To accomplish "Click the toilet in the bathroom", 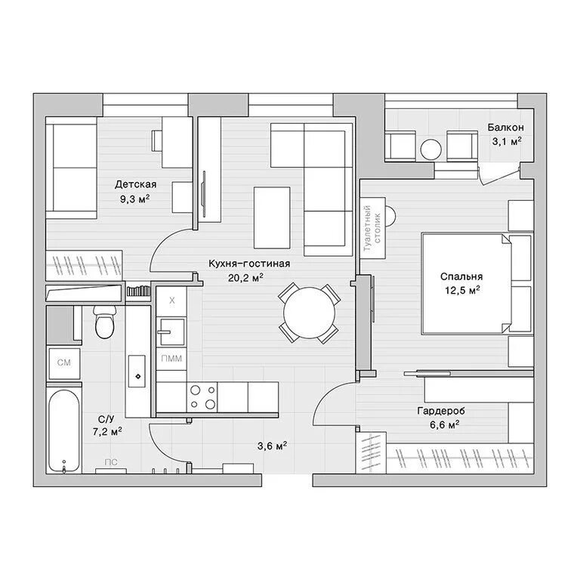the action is click(x=105, y=321).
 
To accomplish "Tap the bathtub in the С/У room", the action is click(x=63, y=431).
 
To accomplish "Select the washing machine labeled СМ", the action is click(x=64, y=363).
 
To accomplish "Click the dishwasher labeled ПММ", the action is click(x=171, y=359).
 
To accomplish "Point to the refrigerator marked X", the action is click(x=171, y=301).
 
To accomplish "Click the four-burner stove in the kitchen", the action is click(x=202, y=397).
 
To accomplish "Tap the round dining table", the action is click(x=309, y=313).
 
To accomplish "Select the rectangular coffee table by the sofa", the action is click(x=272, y=217).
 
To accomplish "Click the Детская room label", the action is click(x=135, y=184).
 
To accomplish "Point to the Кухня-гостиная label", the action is click(x=249, y=264).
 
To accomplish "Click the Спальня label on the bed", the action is click(x=461, y=276).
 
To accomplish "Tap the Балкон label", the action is click(x=506, y=127).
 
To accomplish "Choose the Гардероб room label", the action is click(x=441, y=411).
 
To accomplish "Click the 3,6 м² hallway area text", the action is click(x=272, y=446).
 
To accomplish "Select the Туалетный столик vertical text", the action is click(x=372, y=228).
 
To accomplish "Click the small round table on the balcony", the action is click(x=431, y=150).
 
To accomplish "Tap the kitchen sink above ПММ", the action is click(x=171, y=332).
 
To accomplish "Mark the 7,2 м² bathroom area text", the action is click(x=107, y=432).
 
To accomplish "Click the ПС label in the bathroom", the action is click(x=111, y=462).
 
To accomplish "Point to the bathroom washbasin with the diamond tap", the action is click(x=137, y=372).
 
